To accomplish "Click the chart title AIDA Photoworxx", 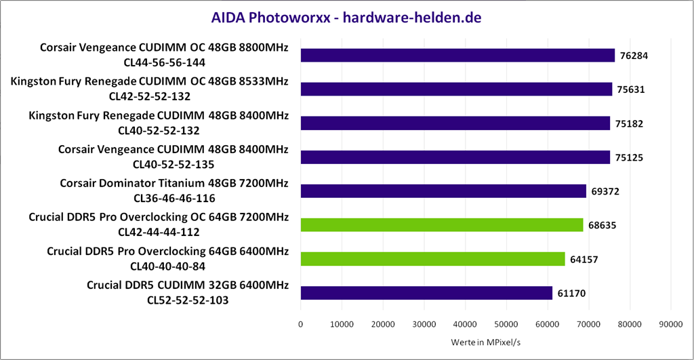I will (346, 18).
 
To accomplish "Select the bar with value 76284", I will (457, 56).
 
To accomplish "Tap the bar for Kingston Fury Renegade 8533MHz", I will (456, 89).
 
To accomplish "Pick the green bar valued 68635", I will (442, 225).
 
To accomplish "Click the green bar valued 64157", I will (432, 259).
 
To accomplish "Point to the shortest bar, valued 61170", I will (426, 293).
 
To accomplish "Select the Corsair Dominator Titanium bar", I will (443, 191).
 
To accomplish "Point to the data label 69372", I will (605, 192).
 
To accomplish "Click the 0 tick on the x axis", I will (300, 325).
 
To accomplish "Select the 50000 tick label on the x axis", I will (506, 325).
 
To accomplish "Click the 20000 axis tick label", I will (383, 325).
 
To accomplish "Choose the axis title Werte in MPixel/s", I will (485, 342).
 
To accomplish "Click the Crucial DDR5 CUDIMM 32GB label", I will (188, 285).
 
